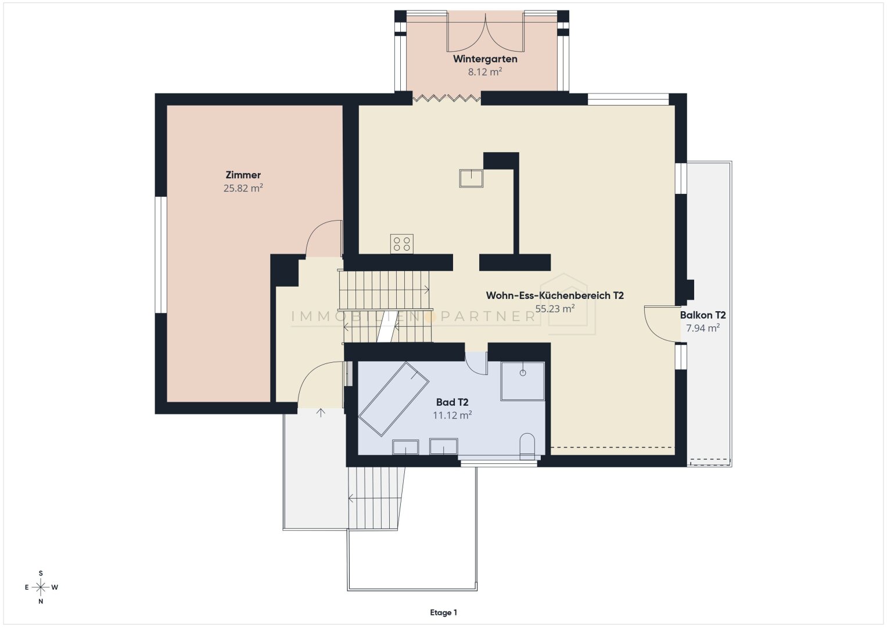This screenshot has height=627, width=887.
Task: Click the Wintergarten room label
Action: pyautogui.click(x=485, y=59)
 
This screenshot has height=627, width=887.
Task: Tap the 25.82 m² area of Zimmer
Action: pyautogui.click(x=243, y=188)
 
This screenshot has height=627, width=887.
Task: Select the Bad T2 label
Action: pyautogui.click(x=452, y=402)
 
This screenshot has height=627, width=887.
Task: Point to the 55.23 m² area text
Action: pyautogui.click(x=555, y=309)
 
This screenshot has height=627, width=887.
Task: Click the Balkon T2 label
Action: pyautogui.click(x=703, y=315)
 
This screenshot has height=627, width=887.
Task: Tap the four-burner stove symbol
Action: pyautogui.click(x=402, y=244)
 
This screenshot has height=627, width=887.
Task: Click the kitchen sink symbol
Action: pyautogui.click(x=471, y=178)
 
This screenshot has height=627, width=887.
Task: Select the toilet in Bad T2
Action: pyautogui.click(x=527, y=446)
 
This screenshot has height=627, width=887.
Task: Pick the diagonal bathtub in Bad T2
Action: pyautogui.click(x=394, y=399)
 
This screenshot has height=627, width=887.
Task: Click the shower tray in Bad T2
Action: pyautogui.click(x=523, y=381)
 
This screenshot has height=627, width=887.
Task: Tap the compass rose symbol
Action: pyautogui.click(x=41, y=587)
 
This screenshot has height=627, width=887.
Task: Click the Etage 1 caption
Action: pyautogui.click(x=444, y=612)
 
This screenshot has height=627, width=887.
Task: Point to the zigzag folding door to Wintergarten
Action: pyautogui.click(x=447, y=98)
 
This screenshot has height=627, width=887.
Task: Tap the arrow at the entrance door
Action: pyautogui.click(x=321, y=412)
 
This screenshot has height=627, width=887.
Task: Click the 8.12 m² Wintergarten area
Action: pyautogui.click(x=485, y=72)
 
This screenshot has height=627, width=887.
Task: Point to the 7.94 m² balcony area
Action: pyautogui.click(x=703, y=328)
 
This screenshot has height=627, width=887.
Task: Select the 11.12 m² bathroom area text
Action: pyautogui.click(x=452, y=415)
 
